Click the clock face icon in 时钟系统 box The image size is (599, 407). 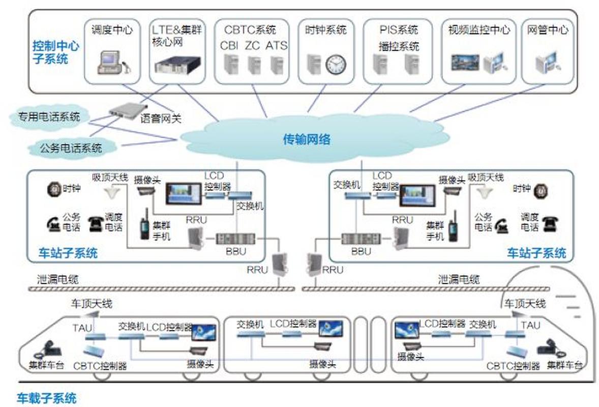coord(336,64)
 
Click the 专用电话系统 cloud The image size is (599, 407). coord(49,117)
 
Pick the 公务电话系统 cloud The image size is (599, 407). coord(71,148)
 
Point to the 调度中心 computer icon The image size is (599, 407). coord(111,62)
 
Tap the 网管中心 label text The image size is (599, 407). coord(548,30)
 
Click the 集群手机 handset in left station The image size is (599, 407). coord(144,224)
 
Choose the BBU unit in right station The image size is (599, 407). coord(361,239)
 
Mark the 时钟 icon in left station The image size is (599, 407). coord(54,189)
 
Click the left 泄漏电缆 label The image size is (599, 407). coord(57,279)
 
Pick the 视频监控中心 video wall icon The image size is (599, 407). coord(465,63)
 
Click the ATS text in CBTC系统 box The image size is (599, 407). coord(276,45)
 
